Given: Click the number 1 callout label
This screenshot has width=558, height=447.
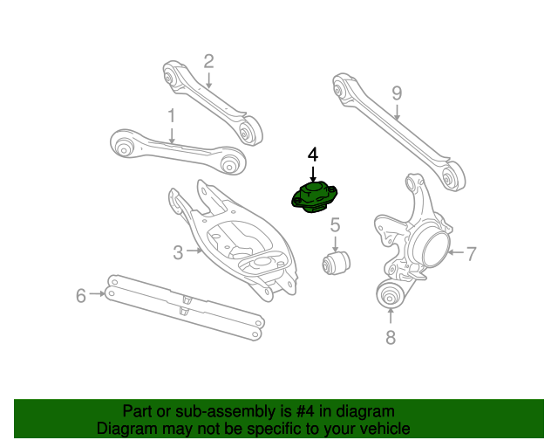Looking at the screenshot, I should click(x=171, y=114).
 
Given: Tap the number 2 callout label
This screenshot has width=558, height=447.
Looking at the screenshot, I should click(x=208, y=61).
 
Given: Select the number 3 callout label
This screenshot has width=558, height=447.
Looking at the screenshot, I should click(x=178, y=252).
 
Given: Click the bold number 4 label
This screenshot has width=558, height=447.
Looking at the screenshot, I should click(x=313, y=155).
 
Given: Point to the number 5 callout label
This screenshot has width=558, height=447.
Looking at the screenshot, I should click(x=334, y=227).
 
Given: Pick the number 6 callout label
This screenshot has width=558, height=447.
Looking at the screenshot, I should click(x=81, y=295).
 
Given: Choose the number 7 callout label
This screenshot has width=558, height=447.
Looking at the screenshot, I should click(x=471, y=254).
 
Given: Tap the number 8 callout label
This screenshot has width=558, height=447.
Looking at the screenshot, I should click(x=390, y=337).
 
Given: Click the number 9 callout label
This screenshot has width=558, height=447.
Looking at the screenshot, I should click(x=397, y=93).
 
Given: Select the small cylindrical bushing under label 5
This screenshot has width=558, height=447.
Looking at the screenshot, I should click(x=336, y=260).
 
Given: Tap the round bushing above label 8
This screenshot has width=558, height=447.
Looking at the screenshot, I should click(x=390, y=294).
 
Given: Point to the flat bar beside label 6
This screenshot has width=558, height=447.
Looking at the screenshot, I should click(x=183, y=305).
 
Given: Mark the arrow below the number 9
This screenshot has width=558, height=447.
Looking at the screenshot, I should click(x=397, y=111).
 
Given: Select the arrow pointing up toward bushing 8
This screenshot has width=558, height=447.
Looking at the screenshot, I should click(x=390, y=317).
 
